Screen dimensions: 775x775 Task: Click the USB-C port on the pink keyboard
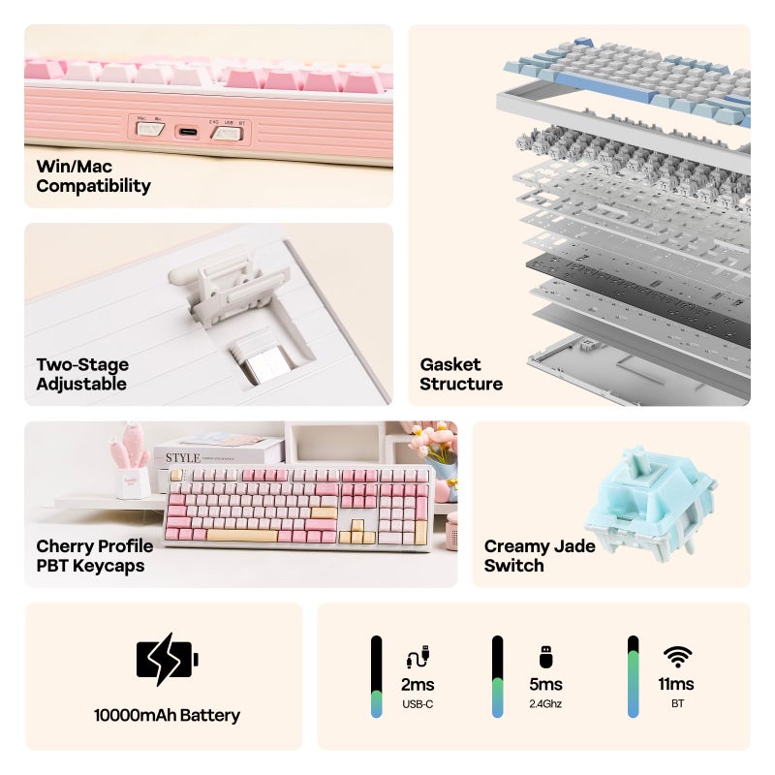point(188,133)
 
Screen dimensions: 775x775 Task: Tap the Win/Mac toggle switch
point(150,129)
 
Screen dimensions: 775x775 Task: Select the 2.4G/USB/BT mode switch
point(227,133)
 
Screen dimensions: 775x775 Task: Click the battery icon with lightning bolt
point(167,660)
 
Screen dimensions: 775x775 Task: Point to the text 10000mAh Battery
point(167,715)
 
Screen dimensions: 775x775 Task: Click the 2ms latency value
point(418,685)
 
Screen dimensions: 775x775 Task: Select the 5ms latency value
point(545,685)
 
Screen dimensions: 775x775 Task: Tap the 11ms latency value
point(676,684)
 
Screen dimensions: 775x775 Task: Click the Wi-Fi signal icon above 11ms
point(677,657)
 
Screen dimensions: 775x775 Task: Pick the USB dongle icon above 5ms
point(545,657)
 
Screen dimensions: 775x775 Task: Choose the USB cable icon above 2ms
point(418,657)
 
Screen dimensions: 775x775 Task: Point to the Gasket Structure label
point(461,374)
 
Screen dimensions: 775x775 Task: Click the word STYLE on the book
point(183,457)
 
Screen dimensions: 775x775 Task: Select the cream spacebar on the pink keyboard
point(242,535)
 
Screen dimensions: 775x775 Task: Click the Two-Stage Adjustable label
point(82,374)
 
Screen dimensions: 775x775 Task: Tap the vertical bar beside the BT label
point(634,676)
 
